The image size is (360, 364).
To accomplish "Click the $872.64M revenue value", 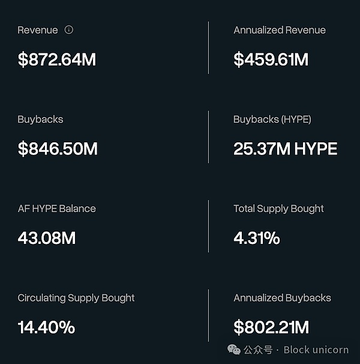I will (x=56, y=59).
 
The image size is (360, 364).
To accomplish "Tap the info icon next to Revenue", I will (x=69, y=29).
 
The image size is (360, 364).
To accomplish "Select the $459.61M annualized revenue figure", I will (x=271, y=59).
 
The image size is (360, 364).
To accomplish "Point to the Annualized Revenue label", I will (x=280, y=30).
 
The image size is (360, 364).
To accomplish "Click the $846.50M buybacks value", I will (x=58, y=149).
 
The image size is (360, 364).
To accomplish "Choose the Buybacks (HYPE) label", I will (x=272, y=120).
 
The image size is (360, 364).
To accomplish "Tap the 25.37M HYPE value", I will (x=285, y=149).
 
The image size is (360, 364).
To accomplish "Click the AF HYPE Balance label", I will (x=56, y=209).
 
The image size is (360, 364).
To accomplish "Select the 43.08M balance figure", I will (x=47, y=238).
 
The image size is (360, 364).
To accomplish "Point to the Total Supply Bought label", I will (x=278, y=209).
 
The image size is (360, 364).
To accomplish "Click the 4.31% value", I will (x=257, y=238).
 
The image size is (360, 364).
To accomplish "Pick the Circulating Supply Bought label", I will (x=76, y=298).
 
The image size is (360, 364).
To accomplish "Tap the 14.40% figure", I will (x=46, y=327).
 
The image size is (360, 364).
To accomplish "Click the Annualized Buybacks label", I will (x=282, y=298).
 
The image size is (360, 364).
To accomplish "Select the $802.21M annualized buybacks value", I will (x=271, y=327).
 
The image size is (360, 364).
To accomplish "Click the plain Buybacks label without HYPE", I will (x=40, y=120).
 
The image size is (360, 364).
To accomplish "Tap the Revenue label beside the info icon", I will (x=38, y=30).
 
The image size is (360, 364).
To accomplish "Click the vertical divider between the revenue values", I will (x=209, y=48).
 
